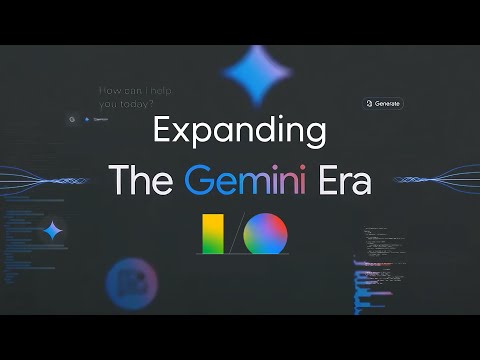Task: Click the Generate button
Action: click(x=383, y=103)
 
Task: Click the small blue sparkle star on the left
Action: click(x=53, y=231)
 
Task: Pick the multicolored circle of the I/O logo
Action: click(x=265, y=234)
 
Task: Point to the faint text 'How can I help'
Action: click(x=135, y=90)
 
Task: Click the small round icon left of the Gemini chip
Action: click(x=72, y=119)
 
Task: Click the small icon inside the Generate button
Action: click(x=370, y=103)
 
